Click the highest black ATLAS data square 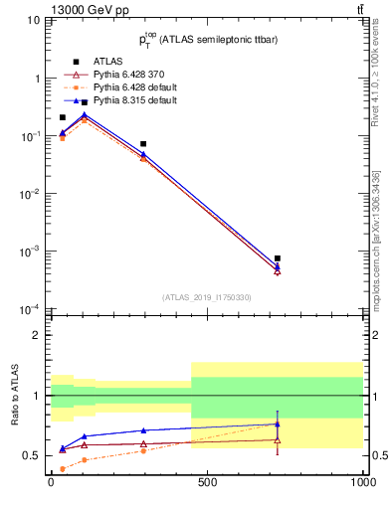pyautogui.click(x=85, y=102)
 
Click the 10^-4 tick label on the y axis pyautogui.click(x=28, y=309)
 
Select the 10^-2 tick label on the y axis pyautogui.click(x=28, y=194)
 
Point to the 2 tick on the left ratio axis pyautogui.click(x=35, y=335)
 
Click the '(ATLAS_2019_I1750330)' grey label pyautogui.click(x=207, y=297)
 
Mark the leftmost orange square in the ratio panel pyautogui.click(x=63, y=468)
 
